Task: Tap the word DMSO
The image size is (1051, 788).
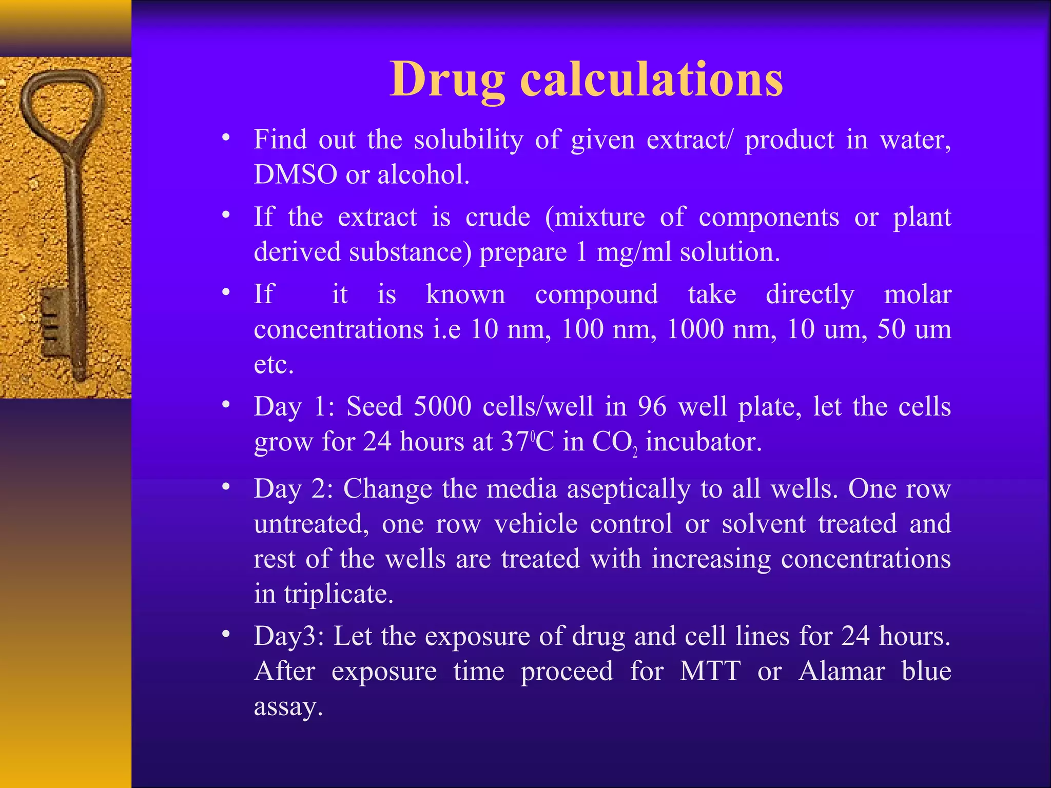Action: (x=295, y=174)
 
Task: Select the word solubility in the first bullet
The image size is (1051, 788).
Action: (x=468, y=140)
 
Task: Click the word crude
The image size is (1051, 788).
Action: (x=497, y=217)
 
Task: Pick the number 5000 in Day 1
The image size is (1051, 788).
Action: (x=442, y=406)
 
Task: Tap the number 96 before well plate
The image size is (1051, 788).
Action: (x=652, y=406)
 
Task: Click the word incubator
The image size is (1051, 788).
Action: (x=704, y=442)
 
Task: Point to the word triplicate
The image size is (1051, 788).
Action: (x=339, y=594)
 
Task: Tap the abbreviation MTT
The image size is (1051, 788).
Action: (x=710, y=671)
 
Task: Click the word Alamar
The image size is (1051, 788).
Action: (x=842, y=671)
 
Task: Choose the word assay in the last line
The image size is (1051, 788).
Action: (x=287, y=706)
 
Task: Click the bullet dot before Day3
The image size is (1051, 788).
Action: (x=226, y=635)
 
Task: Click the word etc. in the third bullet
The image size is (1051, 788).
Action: (x=274, y=365)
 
